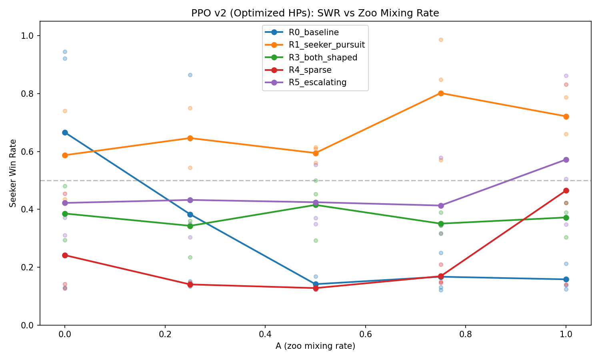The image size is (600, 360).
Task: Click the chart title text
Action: pyautogui.click(x=315, y=13)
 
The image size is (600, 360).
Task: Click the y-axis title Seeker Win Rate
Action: pyautogui.click(x=13, y=173)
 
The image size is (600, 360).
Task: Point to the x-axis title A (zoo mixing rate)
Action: pyautogui.click(x=315, y=346)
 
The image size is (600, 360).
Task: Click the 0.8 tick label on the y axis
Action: pyautogui.click(x=30, y=94)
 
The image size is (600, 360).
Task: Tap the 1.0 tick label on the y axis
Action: pyautogui.click(x=30, y=36)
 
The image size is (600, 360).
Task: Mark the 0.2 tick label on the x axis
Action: pyautogui.click(x=165, y=334)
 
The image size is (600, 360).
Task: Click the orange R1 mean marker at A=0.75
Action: pyautogui.click(x=441, y=93)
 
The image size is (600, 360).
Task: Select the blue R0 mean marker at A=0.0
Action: pyautogui.click(x=65, y=132)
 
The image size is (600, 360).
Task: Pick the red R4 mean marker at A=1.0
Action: pyautogui.click(x=566, y=190)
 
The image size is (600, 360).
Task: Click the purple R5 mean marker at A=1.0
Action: pyautogui.click(x=566, y=160)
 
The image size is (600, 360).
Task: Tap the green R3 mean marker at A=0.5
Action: pyautogui.click(x=316, y=205)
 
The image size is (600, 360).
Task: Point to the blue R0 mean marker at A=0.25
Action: pyautogui.click(x=190, y=214)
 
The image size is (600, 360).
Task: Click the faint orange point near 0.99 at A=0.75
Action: pyautogui.click(x=441, y=40)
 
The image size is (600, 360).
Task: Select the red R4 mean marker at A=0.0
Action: pyautogui.click(x=65, y=255)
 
